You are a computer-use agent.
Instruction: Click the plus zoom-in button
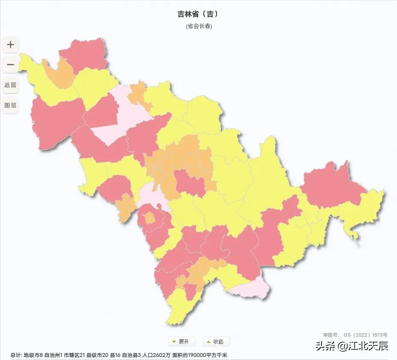(x=11, y=45)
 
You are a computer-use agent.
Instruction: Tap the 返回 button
(x=11, y=85)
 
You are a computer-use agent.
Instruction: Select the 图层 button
(x=11, y=105)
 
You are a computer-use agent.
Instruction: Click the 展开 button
(x=181, y=341)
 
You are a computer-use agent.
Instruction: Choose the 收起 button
(x=216, y=341)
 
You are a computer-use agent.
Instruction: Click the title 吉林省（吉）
(x=198, y=14)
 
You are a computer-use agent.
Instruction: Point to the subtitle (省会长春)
(x=199, y=26)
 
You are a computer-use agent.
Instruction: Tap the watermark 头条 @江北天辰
(x=351, y=346)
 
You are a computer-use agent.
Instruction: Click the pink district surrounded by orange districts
(x=190, y=183)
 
